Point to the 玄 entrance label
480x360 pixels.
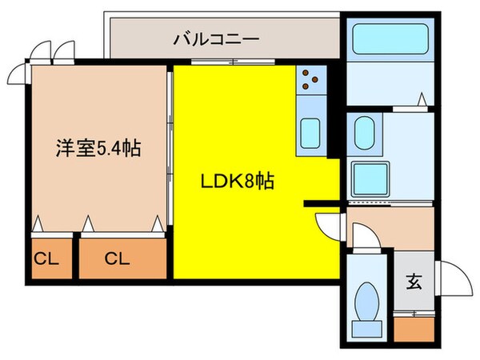pyautogui.click(x=414, y=281)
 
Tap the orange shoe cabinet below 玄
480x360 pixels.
pyautogui.click(x=414, y=328)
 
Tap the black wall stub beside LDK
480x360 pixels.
pyautogui.click(x=324, y=203)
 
